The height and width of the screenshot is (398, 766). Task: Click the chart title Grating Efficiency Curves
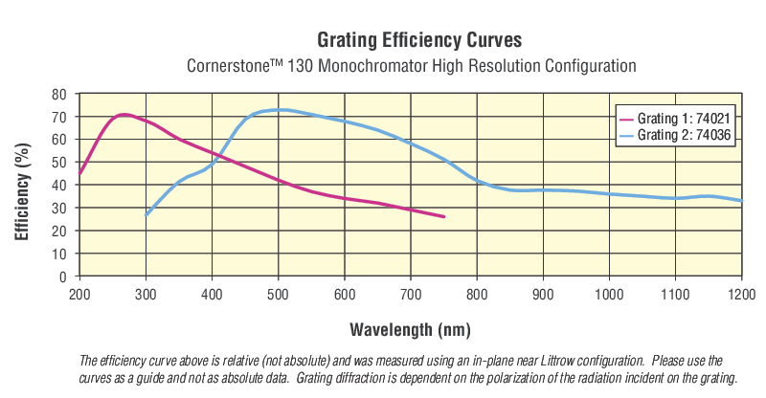(419, 40)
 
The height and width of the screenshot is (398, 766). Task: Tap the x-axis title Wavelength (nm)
(409, 330)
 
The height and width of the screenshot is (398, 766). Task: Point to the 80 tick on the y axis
(59, 94)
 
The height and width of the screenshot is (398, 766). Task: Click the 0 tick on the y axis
(63, 276)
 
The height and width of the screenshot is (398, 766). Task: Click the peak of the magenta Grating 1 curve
(123, 115)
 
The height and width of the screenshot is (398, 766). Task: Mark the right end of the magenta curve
(444, 216)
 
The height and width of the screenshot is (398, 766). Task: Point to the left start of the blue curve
(146, 215)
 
